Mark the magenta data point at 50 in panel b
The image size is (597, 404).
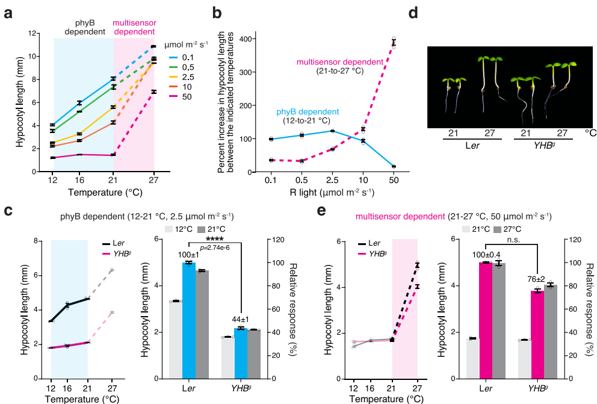(394, 42)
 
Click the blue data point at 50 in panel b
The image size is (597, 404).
(394, 166)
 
